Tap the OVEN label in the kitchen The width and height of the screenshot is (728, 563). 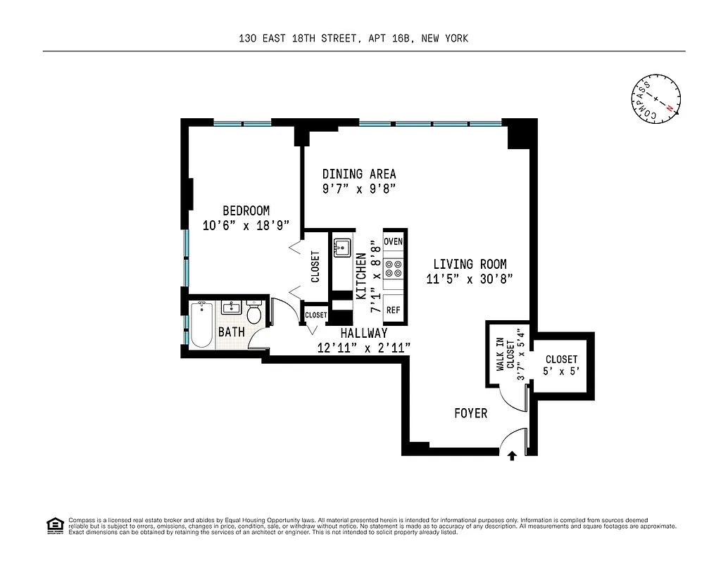[394, 241]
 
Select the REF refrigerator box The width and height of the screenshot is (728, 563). [394, 310]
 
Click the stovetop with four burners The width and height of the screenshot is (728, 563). [394, 268]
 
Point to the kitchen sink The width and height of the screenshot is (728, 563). [343, 248]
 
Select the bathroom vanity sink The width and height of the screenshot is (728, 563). [231, 308]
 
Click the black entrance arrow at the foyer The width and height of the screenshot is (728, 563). [512, 456]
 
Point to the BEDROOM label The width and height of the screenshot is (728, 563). [246, 210]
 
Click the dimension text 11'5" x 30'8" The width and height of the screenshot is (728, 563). [470, 279]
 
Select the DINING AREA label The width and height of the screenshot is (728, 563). [359, 174]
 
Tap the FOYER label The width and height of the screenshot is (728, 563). [470, 413]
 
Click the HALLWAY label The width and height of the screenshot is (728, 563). [363, 333]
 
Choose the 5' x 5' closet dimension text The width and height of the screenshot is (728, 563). [561, 372]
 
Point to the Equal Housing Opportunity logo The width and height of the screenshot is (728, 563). [54, 526]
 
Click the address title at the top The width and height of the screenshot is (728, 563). [353, 39]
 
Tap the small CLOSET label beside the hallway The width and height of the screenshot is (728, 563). [316, 315]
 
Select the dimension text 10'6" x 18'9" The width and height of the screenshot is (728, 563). [246, 226]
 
